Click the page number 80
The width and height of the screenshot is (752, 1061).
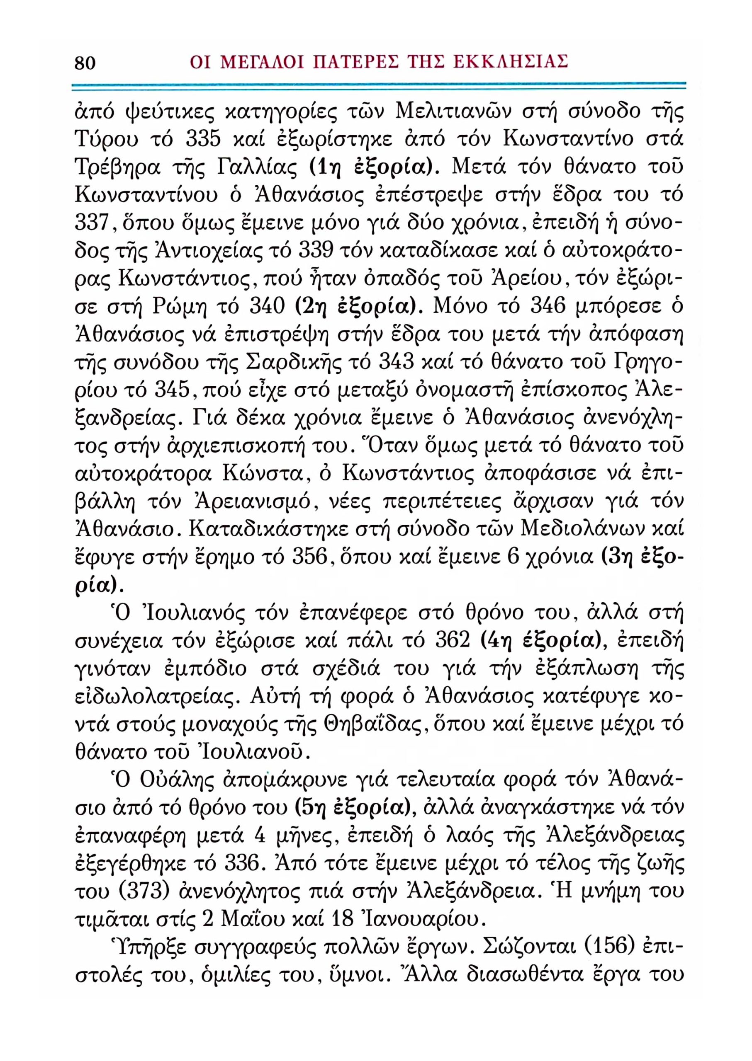(x=85, y=63)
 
